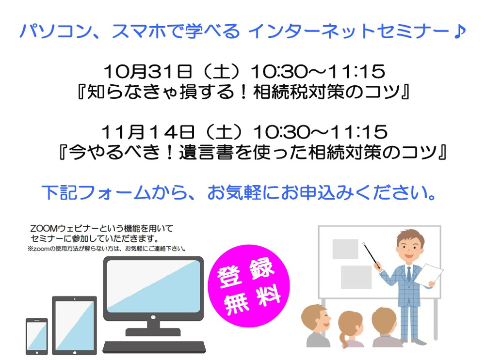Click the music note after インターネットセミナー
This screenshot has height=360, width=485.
(460, 31)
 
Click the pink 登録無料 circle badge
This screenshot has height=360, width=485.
(249, 286)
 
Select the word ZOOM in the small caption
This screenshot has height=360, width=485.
(44, 229)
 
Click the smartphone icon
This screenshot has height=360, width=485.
(37, 336)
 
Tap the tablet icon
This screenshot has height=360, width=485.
(75, 326)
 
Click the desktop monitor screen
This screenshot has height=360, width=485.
(153, 286)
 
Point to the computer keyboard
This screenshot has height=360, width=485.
(154, 347)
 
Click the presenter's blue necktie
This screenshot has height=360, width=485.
(409, 273)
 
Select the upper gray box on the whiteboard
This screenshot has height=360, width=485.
(345, 249)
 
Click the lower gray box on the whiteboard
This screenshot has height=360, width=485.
(356, 277)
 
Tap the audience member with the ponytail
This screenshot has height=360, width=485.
(350, 329)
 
